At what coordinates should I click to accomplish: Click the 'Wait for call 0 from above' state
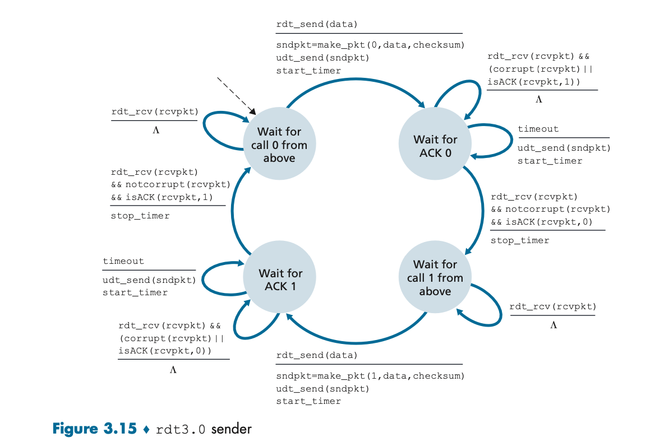pyautogui.click(x=279, y=145)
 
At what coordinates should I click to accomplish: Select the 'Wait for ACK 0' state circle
pyautogui.click(x=435, y=145)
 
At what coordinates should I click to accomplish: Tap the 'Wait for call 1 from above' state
pyautogui.click(x=435, y=277)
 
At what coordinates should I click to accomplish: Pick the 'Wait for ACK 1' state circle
pyautogui.click(x=280, y=280)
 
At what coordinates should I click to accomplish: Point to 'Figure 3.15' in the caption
pyautogui.click(x=94, y=429)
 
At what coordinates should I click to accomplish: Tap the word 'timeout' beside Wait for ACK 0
pyautogui.click(x=538, y=129)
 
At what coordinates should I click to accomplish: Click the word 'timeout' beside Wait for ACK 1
pyautogui.click(x=123, y=261)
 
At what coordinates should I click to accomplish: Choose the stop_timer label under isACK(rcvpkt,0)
pyautogui.click(x=520, y=240)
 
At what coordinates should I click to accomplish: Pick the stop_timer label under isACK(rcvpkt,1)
pyautogui.click(x=140, y=216)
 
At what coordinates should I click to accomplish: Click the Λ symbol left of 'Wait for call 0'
pyautogui.click(x=156, y=131)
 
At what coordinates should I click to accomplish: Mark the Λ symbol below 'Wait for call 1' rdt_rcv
pyautogui.click(x=553, y=325)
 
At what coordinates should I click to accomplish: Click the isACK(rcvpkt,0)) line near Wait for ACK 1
pyautogui.click(x=165, y=351)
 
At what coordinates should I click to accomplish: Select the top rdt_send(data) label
pyautogui.click(x=317, y=25)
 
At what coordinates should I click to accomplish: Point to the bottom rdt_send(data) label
pyautogui.click(x=317, y=356)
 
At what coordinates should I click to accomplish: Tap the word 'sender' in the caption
pyautogui.click(x=232, y=429)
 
